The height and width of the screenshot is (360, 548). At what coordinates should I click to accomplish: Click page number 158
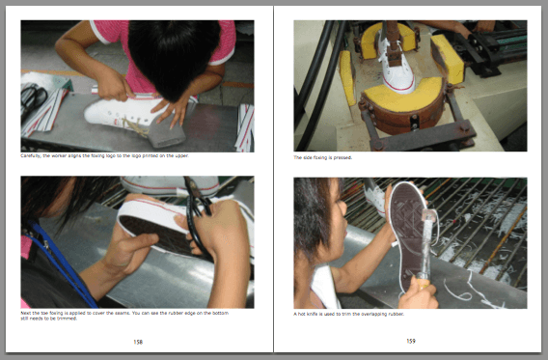click(x=138, y=341)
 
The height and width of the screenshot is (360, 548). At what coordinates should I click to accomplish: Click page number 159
click(x=410, y=341)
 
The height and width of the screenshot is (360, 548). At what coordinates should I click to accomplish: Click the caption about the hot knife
click(x=350, y=314)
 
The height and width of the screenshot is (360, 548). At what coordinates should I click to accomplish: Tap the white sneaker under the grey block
click(x=121, y=113)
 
